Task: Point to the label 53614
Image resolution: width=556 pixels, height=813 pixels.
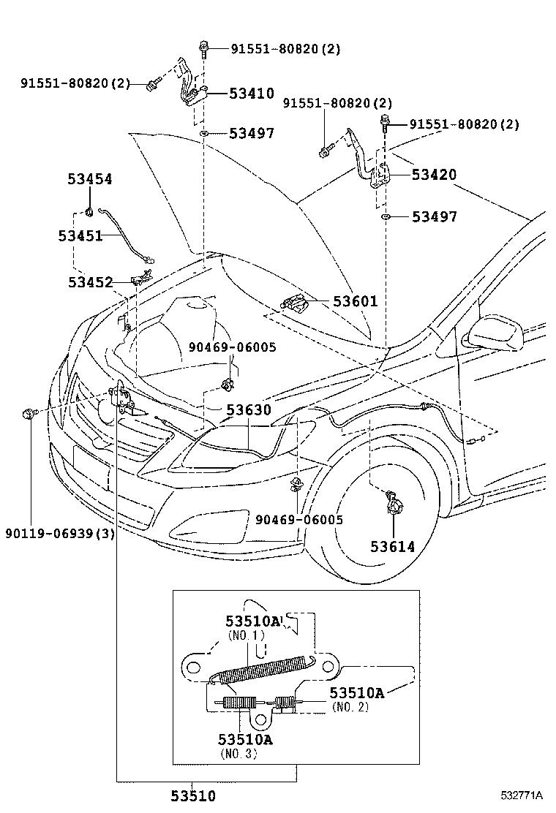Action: (x=392, y=546)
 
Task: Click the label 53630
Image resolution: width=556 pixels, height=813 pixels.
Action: (x=248, y=411)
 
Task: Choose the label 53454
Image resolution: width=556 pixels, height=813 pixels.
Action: (x=90, y=179)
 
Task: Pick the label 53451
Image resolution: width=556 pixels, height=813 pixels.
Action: (x=80, y=235)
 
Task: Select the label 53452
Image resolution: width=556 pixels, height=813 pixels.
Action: (x=90, y=282)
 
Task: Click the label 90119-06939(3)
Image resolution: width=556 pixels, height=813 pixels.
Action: (x=60, y=533)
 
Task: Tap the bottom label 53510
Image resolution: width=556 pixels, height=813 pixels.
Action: (x=194, y=795)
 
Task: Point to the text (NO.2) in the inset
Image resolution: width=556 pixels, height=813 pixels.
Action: (x=350, y=707)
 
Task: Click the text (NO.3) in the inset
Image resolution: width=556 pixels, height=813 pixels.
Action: (x=238, y=754)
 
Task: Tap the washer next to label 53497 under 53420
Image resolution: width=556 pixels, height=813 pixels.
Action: (x=385, y=217)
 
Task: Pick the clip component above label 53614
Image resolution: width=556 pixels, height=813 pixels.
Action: (x=393, y=502)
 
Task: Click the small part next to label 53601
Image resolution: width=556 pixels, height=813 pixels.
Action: (x=293, y=302)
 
